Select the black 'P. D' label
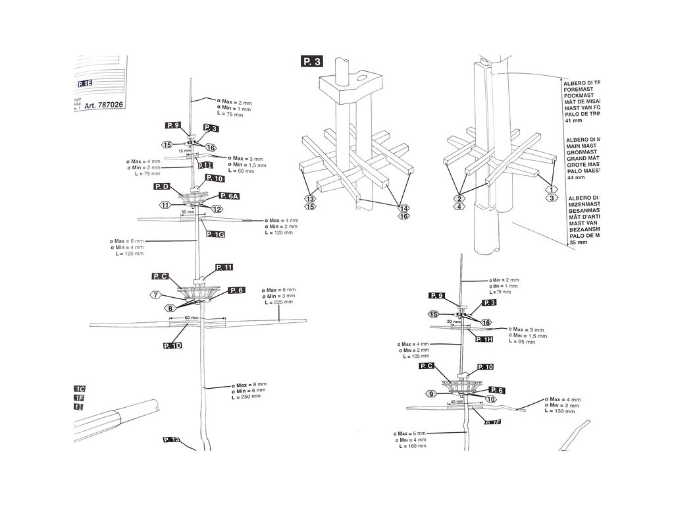pos(163,187)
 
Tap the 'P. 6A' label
pos(229,196)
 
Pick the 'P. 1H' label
pos(484,339)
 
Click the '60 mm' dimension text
pos(192,317)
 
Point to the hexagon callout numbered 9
pos(432,393)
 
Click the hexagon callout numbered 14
pos(403,208)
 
